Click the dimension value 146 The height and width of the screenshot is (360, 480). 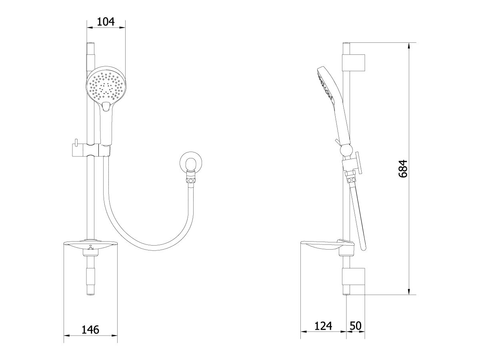point(90,330)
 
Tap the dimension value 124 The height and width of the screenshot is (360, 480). point(323,326)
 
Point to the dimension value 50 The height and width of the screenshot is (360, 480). point(355,326)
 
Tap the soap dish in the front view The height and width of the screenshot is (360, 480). point(90,245)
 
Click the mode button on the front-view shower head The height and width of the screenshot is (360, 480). point(106,106)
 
